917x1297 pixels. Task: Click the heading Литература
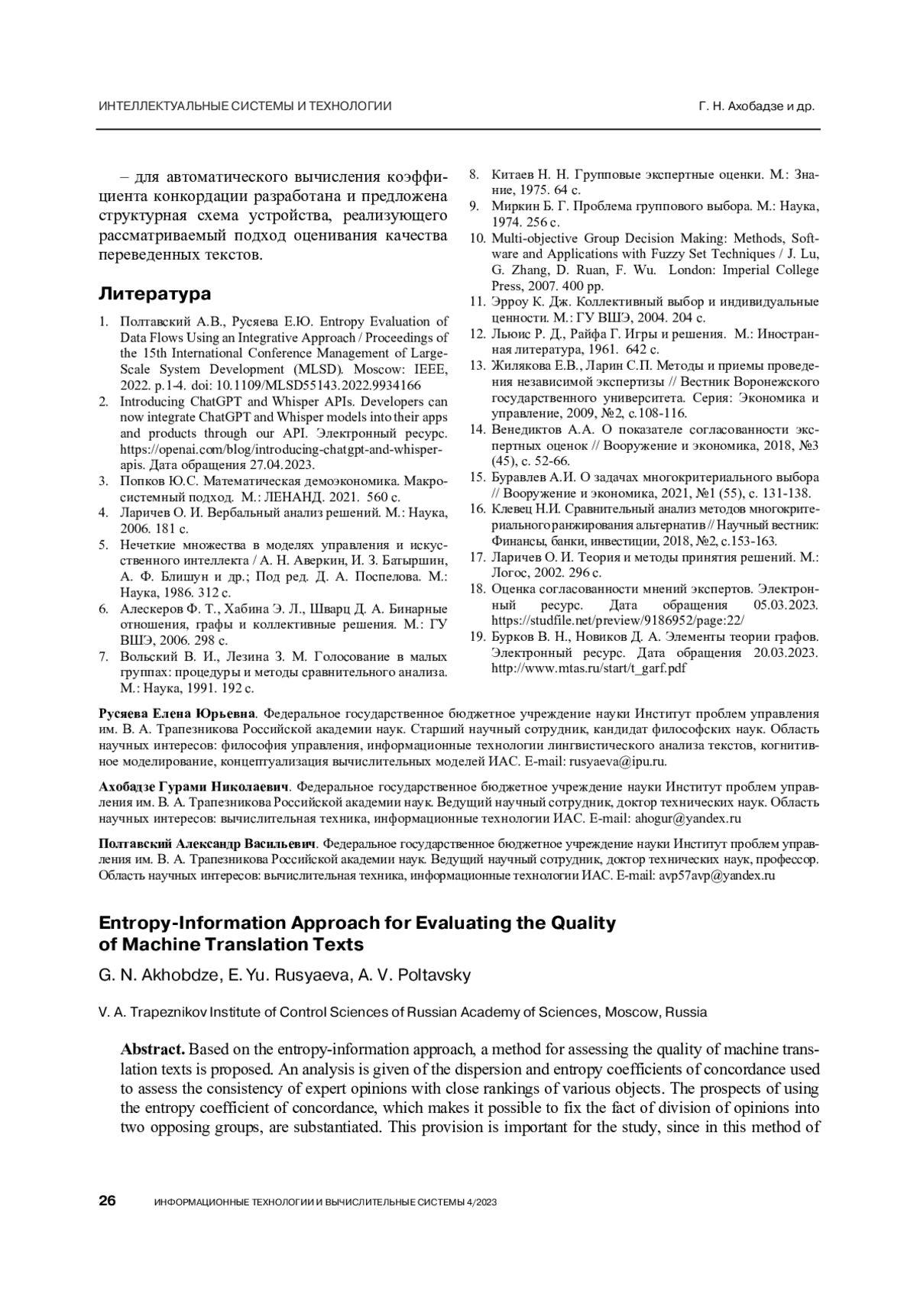[x=155, y=294]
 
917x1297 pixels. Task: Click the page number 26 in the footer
[x=107, y=1202]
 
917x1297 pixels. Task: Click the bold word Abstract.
[x=153, y=1049]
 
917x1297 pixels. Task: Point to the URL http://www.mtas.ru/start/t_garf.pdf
[x=588, y=668]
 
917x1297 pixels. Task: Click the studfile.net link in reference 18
[x=617, y=621]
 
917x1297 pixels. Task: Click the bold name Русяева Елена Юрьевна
[x=177, y=714]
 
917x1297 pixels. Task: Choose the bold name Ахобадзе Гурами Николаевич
[x=194, y=786]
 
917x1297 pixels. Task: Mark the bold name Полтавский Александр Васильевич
[x=207, y=844]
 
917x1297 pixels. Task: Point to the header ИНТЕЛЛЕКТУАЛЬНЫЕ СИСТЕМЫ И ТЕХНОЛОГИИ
[x=245, y=107]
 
